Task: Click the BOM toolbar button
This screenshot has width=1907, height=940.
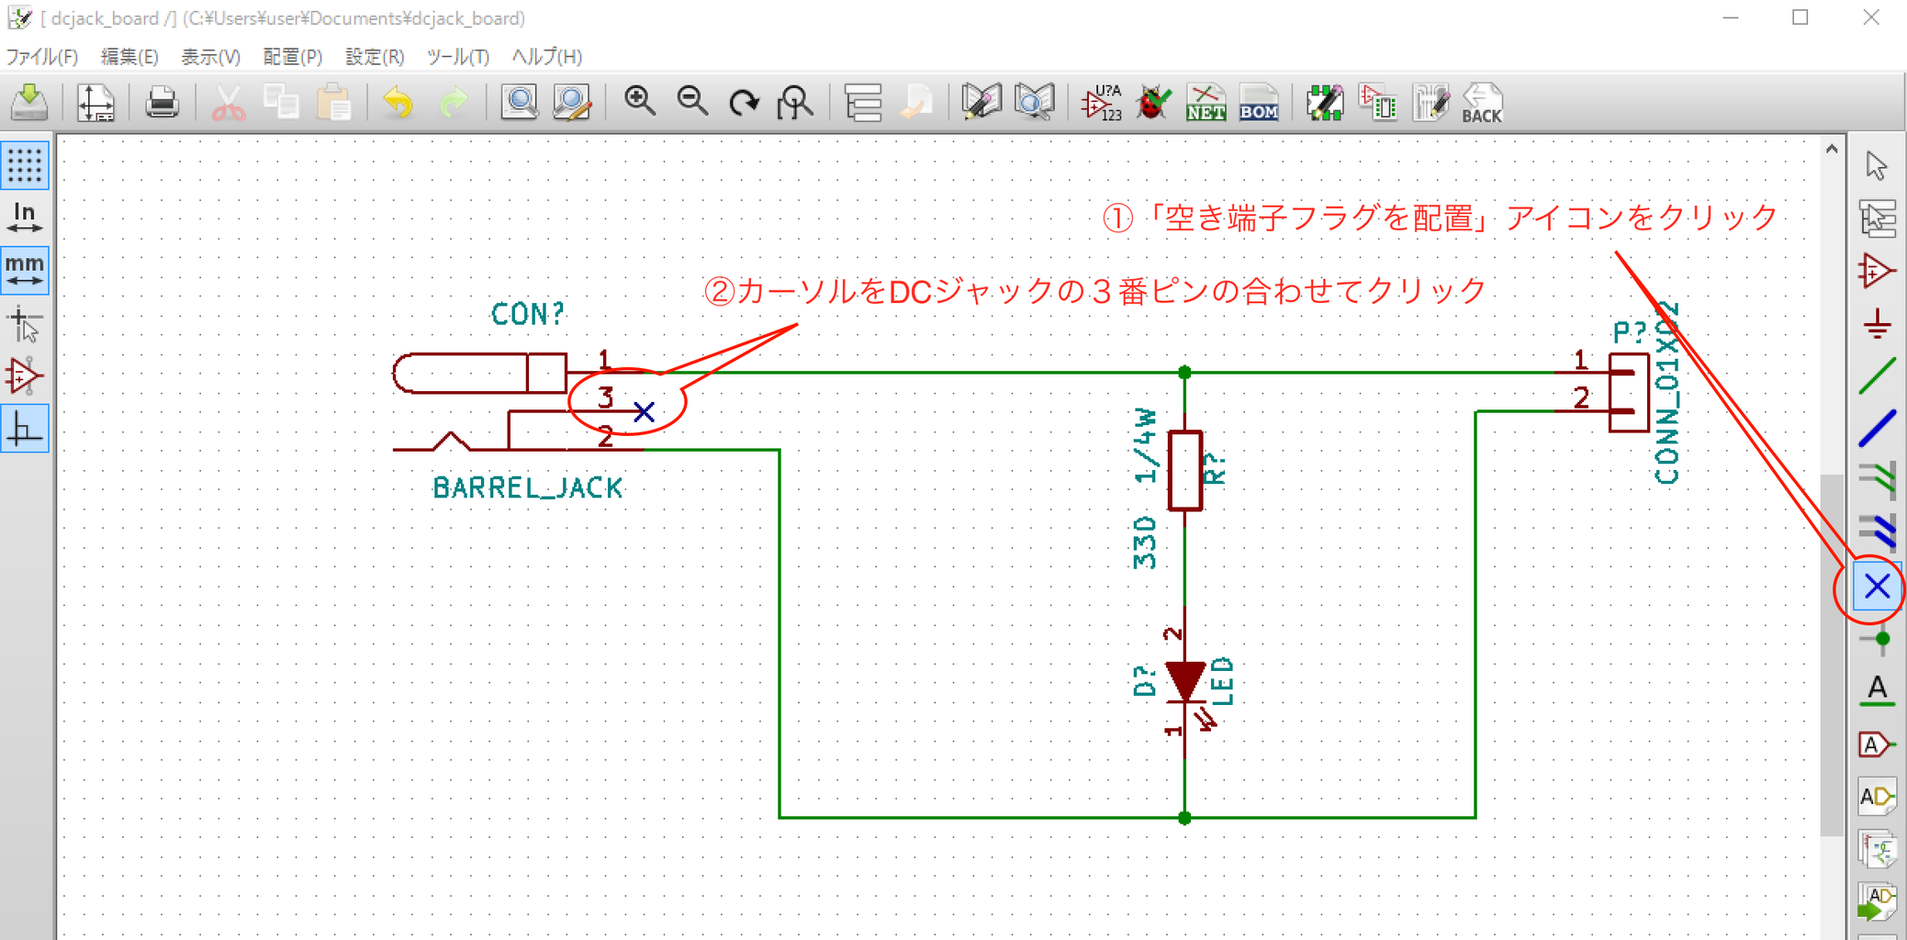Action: pos(1258,103)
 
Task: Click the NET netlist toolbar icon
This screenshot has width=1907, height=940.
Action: pos(1206,103)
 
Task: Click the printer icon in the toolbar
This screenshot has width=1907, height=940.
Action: pos(162,102)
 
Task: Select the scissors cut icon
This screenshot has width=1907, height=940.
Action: pos(228,103)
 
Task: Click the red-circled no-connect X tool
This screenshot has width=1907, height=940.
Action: pos(1877,587)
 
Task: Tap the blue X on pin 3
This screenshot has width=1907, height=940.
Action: pos(644,411)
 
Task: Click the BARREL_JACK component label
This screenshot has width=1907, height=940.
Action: pos(528,487)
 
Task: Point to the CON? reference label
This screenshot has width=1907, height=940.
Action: pos(527,314)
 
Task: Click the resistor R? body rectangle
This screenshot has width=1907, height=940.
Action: pos(1184,470)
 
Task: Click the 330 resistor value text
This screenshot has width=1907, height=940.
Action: pos(1145,543)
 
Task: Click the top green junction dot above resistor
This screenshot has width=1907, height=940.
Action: pos(1184,373)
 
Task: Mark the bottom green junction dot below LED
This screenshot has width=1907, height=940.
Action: pos(1184,817)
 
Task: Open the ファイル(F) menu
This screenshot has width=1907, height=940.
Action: pos(42,57)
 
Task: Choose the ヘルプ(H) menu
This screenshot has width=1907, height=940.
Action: pos(546,57)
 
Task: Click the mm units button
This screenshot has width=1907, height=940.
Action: pos(25,270)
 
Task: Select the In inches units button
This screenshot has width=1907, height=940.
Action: pos(25,218)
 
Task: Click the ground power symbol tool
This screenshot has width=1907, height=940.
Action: pos(1877,324)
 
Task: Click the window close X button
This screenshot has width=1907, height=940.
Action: pos(1870,17)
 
